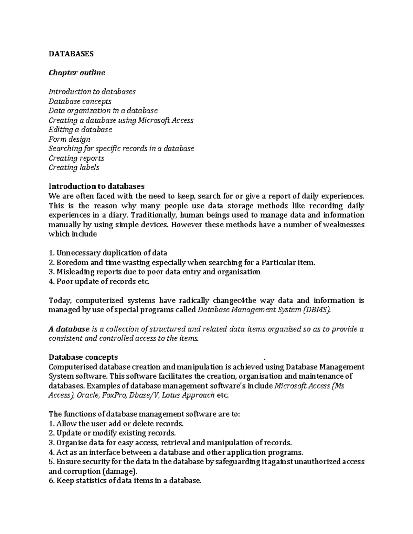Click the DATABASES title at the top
[x=71, y=54]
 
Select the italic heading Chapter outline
[x=77, y=73]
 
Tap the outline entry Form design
[x=69, y=139]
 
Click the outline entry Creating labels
[x=74, y=167]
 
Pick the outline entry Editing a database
[x=80, y=130]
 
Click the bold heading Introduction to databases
[x=96, y=186]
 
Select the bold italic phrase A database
[x=69, y=329]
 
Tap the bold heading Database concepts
[x=83, y=357]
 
